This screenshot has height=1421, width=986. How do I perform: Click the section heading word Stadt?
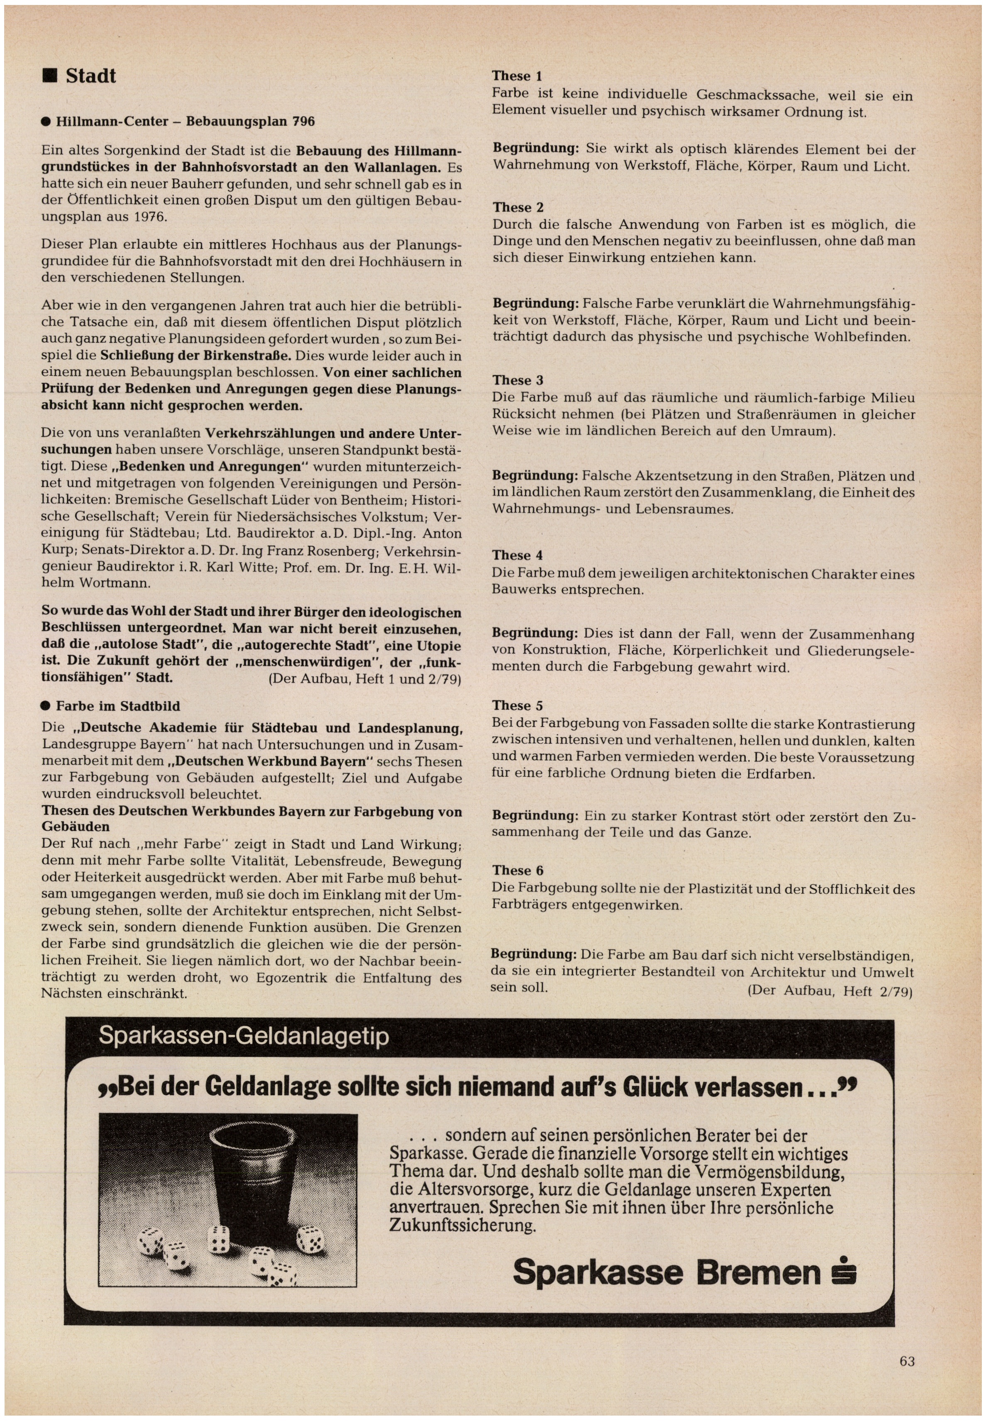91,76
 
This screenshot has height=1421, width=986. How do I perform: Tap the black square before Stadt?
49,76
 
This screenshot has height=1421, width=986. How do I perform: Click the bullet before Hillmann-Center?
46,122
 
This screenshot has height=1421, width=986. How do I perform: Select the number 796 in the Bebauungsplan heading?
303,122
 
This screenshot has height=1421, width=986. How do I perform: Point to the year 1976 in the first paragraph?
149,217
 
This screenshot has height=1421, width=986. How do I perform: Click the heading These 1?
517,76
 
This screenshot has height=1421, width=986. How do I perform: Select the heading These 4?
517,555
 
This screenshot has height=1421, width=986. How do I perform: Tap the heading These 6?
517,871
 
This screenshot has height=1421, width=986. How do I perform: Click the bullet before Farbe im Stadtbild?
45,706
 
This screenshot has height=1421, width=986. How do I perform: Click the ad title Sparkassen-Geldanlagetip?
244,1036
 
